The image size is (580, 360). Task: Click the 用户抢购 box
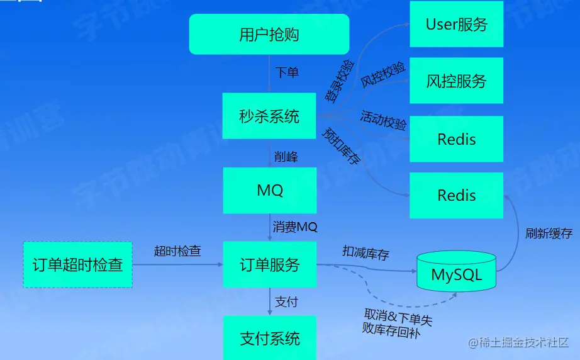coord(269,34)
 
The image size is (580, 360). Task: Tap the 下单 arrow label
coord(287,72)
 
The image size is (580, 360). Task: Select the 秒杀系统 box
coord(269,116)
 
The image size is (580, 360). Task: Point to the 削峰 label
coord(286,157)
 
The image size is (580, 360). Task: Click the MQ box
coord(269,190)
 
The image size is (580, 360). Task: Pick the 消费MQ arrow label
coord(295,227)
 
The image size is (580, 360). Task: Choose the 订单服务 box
coord(269,264)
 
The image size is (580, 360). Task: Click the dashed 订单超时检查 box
coord(77,264)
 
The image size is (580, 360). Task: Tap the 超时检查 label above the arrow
coord(177,251)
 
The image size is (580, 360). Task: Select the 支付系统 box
coord(269,338)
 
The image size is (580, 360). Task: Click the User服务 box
coord(456,25)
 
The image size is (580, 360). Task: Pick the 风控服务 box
coord(456,81)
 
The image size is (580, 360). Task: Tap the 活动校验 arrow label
coord(383,120)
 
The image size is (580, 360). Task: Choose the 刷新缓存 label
coord(549,233)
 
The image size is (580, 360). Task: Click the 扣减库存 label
coord(365,254)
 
